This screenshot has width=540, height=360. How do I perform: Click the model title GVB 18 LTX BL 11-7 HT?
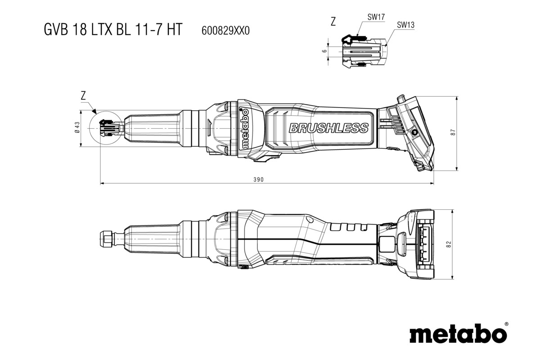[x=112, y=29]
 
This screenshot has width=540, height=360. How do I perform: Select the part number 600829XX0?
[x=224, y=30]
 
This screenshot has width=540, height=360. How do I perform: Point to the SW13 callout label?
[x=405, y=26]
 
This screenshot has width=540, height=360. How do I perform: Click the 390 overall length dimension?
[x=258, y=179]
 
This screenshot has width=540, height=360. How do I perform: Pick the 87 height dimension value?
[x=454, y=133]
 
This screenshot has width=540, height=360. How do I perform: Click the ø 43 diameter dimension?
[x=77, y=128]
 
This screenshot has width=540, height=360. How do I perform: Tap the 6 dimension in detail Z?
[x=324, y=51]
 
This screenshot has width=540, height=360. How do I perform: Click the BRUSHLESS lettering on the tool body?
[x=329, y=128]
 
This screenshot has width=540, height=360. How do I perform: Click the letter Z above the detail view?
[x=333, y=22]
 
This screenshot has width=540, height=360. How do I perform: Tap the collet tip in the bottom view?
[x=105, y=236]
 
